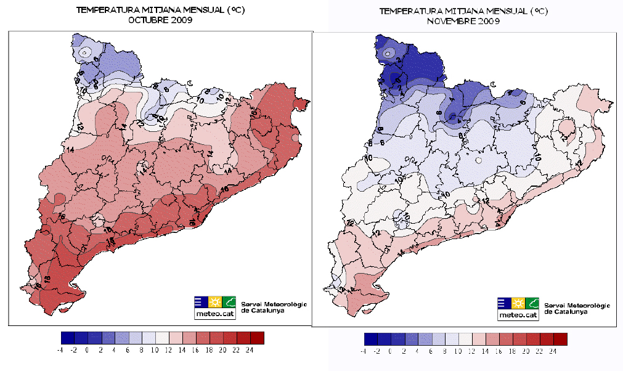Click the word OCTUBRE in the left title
[147, 20]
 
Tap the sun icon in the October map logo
[214, 301]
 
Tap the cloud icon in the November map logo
[532, 303]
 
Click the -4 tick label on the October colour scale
[61, 349]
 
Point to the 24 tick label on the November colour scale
[553, 351]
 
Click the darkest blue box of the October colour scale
[68, 338]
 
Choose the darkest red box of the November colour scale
[560, 339]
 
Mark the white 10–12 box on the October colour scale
[163, 338]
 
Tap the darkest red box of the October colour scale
[258, 338]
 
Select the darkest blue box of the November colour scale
[370, 339]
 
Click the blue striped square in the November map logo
[505, 303]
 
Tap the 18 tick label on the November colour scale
[512, 351]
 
